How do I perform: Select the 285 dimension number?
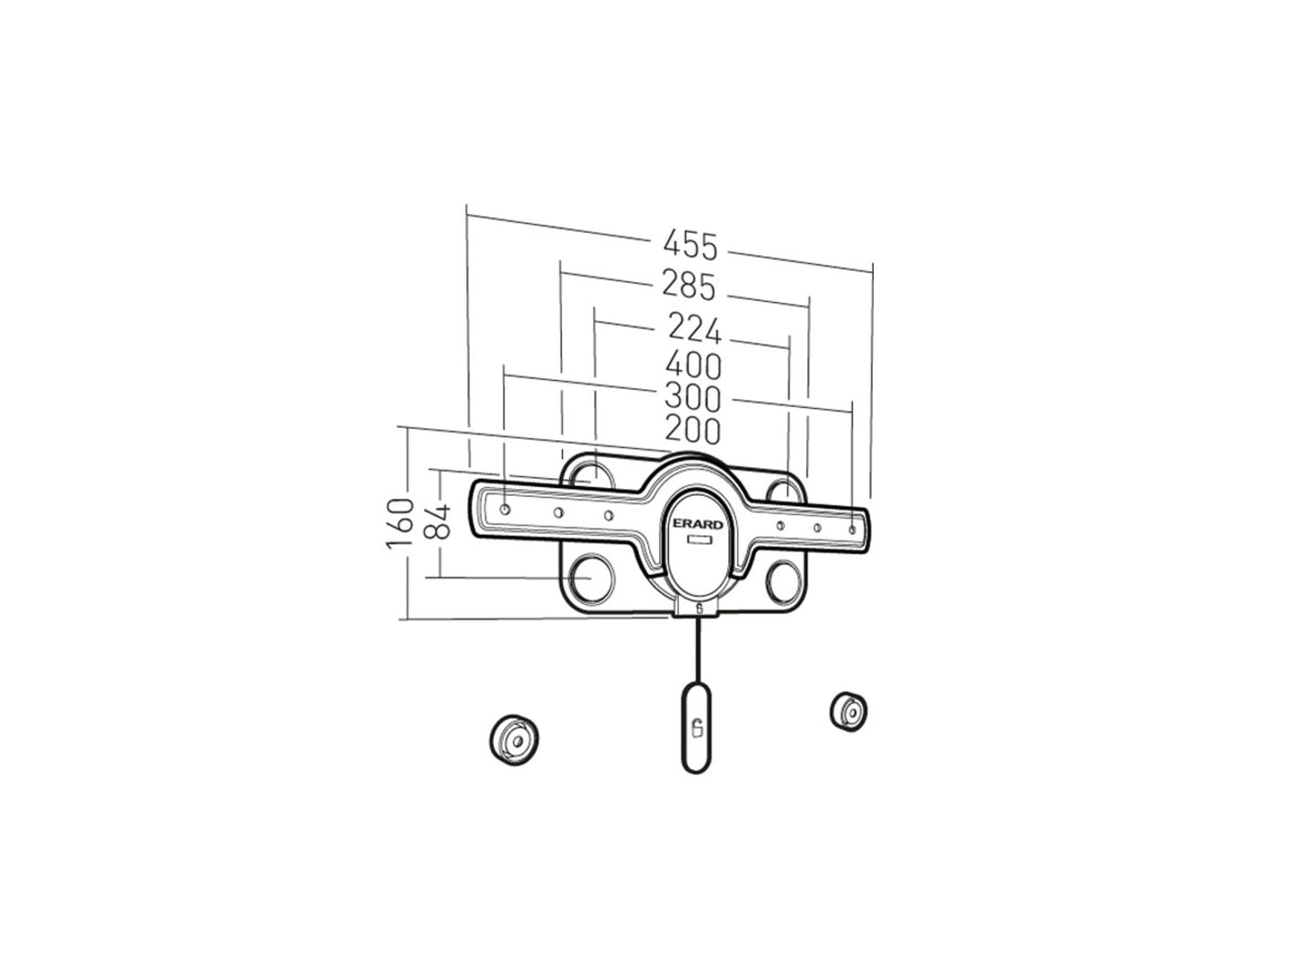click(689, 287)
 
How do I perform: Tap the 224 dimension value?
click(694, 329)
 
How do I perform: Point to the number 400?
click(692, 366)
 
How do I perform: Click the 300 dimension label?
click(692, 397)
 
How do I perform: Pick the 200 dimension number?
click(692, 430)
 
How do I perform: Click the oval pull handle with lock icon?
click(698, 726)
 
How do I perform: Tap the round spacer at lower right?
click(849, 711)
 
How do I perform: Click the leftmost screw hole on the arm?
click(505, 509)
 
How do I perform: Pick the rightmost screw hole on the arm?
click(853, 530)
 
